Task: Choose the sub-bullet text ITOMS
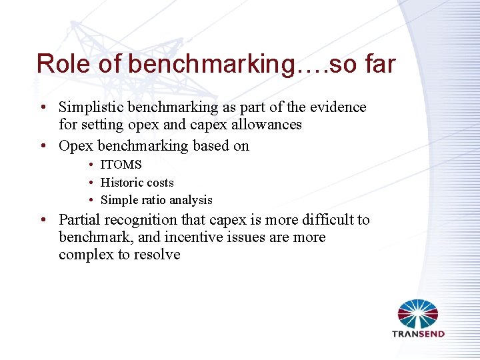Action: pyautogui.click(x=121, y=165)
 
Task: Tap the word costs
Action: pyautogui.click(x=160, y=183)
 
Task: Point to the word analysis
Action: pyautogui.click(x=191, y=200)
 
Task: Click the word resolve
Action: pyautogui.click(x=157, y=255)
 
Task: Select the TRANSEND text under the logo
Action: pyautogui.click(x=418, y=334)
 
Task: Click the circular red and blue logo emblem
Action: pyautogui.click(x=418, y=313)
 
